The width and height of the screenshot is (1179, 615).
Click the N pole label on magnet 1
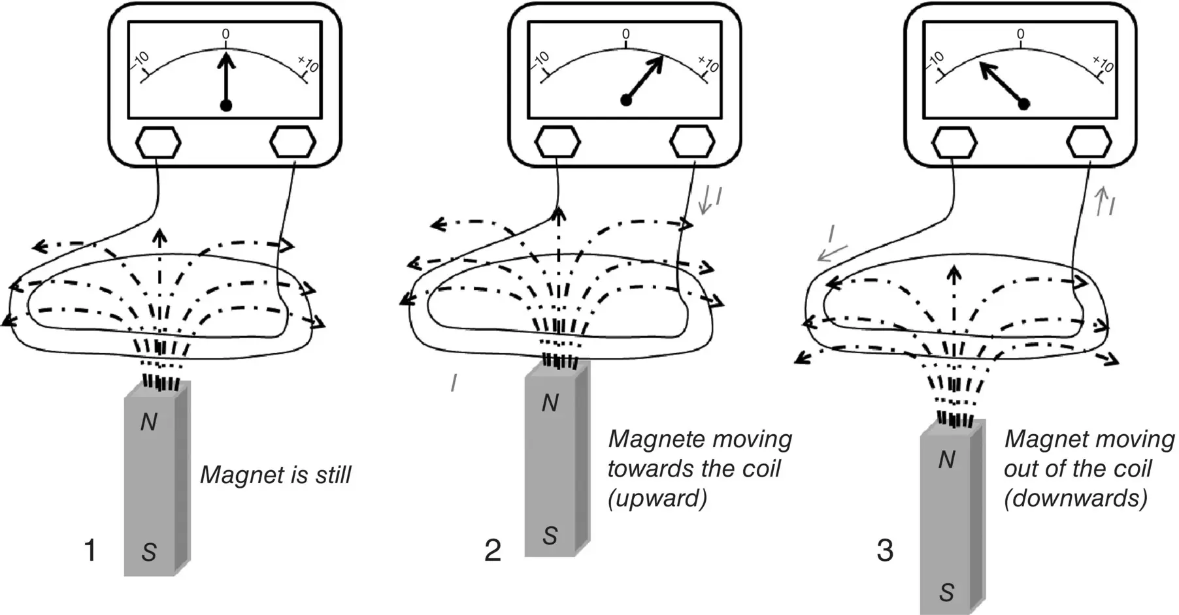(x=149, y=422)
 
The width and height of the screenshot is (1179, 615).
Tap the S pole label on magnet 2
(x=550, y=535)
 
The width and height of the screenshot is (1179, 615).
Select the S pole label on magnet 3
(x=946, y=592)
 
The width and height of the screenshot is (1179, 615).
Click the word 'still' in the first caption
(x=333, y=475)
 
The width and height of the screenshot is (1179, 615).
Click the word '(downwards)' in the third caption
(x=1075, y=499)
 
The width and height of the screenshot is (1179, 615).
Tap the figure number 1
(x=90, y=550)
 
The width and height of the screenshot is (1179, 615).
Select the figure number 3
(x=884, y=550)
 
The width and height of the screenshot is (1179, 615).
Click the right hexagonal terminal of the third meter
(x=1089, y=142)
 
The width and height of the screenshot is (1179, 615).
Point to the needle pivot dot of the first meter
(x=226, y=106)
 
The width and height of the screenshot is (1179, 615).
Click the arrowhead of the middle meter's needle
(x=657, y=63)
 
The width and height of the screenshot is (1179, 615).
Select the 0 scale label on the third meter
(x=1020, y=35)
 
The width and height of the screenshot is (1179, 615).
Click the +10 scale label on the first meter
(x=308, y=65)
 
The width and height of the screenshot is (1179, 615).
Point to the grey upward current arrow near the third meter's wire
(x=1100, y=201)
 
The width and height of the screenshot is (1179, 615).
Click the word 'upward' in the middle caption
(x=657, y=499)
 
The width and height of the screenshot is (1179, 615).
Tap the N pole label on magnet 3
(x=947, y=460)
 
